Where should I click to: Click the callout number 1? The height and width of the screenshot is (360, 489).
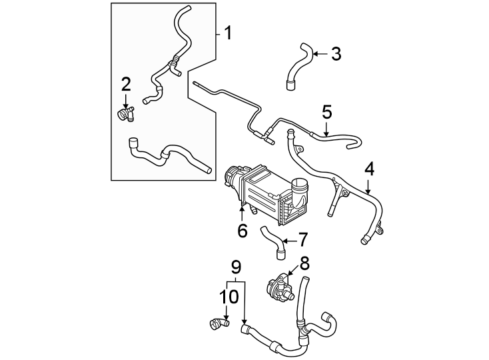point(228,33)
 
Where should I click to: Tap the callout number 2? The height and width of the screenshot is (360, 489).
point(126,84)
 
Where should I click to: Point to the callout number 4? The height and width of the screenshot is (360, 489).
point(368,169)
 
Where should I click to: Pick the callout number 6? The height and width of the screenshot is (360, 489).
point(243,231)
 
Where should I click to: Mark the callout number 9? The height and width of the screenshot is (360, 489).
point(235,267)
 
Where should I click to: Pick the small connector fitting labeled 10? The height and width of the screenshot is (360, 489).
point(218,325)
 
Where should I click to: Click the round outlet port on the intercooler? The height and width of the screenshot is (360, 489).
point(300,193)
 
